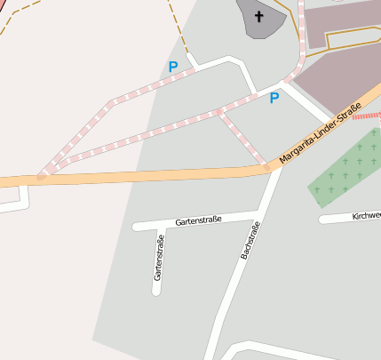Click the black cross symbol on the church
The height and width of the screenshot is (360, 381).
pos(259,16)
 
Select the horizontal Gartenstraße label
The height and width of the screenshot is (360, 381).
pos(198,220)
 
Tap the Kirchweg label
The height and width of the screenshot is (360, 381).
pos(365,216)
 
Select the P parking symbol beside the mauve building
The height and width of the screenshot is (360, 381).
pos(274,98)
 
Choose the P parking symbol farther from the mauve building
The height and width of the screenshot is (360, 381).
pos(172,67)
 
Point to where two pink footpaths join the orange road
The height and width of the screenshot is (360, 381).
pos(42,175)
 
